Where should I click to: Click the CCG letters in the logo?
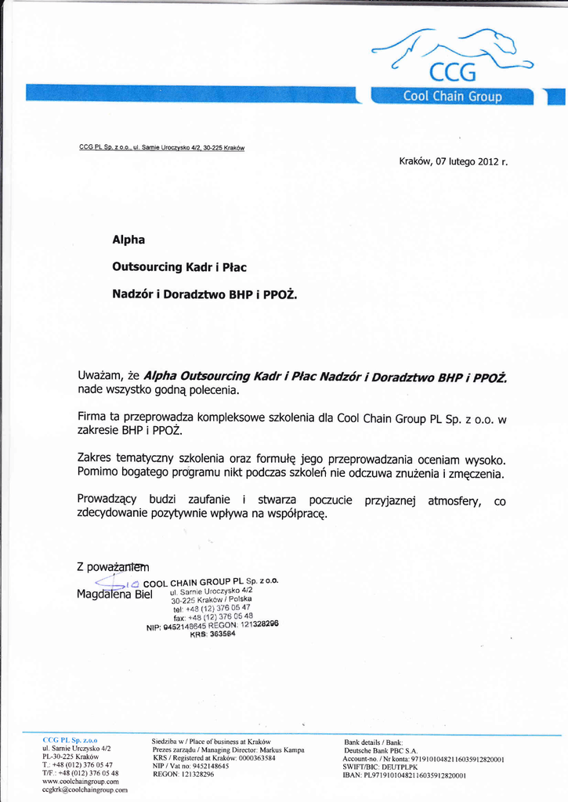tap(453, 73)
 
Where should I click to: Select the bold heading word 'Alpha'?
tap(128, 240)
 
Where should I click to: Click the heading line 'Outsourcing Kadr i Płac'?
tap(179, 267)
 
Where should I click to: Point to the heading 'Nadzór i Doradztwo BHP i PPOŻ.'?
tap(204, 294)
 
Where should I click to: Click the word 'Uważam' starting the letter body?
tap(100, 377)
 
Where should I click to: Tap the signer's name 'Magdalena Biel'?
tap(114, 594)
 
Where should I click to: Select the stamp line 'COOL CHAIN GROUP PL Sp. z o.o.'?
tap(212, 582)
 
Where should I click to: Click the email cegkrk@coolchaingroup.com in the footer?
tap(85, 790)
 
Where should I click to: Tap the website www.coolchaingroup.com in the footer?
tap(80, 782)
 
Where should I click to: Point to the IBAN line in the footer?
tap(405, 775)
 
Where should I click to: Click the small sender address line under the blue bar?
tap(163, 147)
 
